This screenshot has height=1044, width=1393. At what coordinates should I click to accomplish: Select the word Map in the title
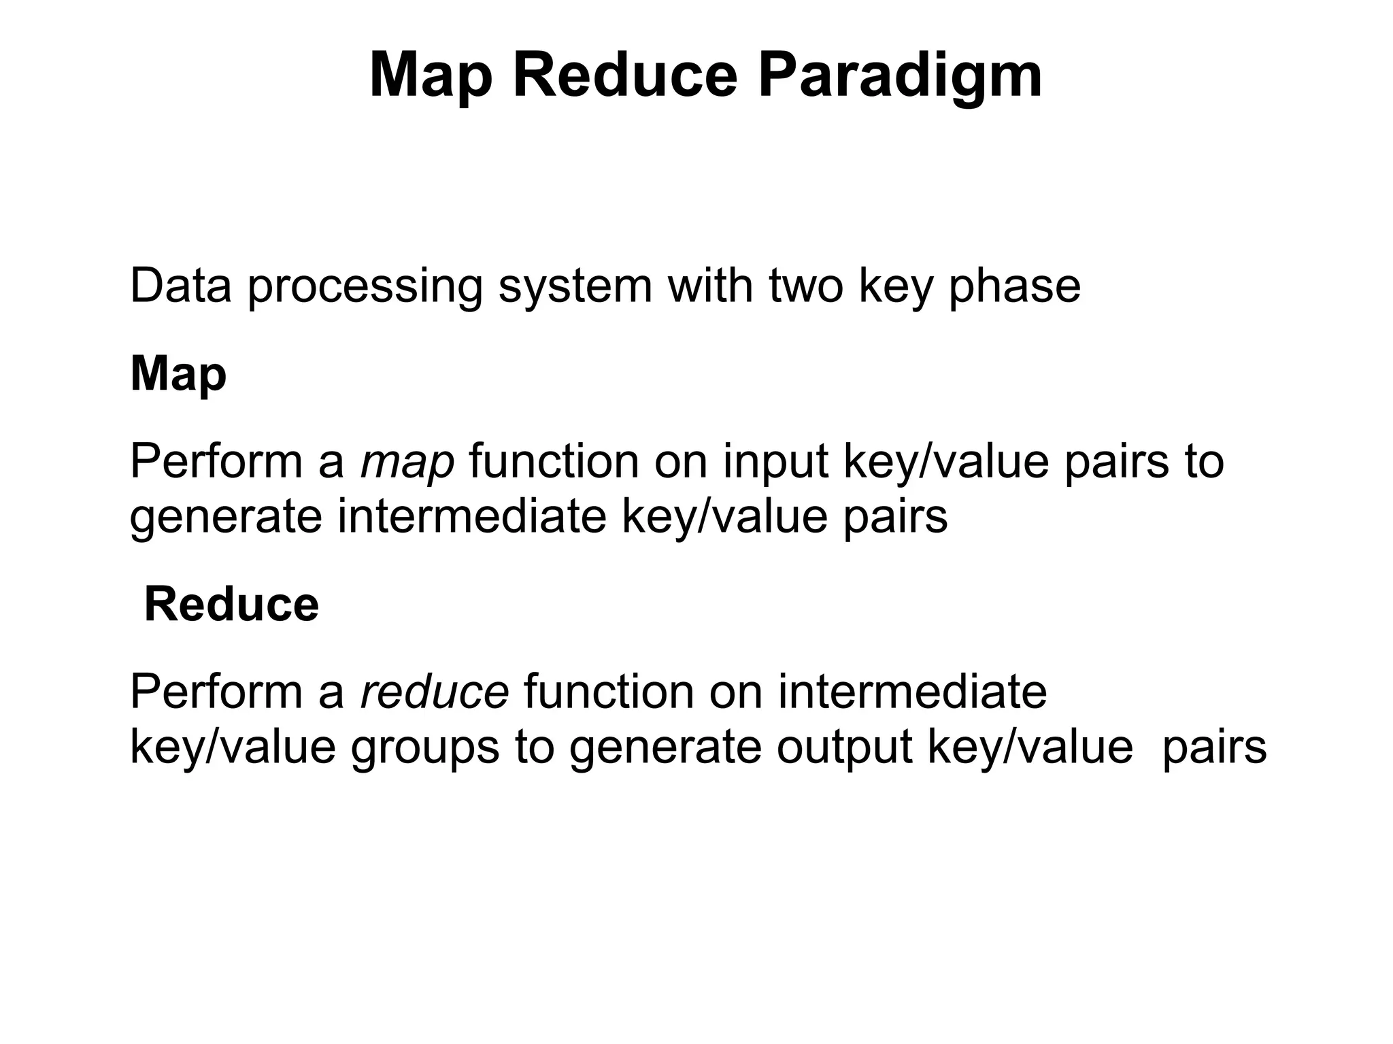click(x=430, y=76)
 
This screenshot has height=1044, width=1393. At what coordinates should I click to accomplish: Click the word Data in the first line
click(x=181, y=286)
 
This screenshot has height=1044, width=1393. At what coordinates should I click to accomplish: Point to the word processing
click(x=365, y=287)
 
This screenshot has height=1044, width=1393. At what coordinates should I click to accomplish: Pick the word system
click(x=575, y=287)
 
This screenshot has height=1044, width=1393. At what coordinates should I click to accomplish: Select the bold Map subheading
click(x=178, y=375)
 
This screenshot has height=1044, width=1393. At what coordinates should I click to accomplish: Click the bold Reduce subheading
click(x=231, y=605)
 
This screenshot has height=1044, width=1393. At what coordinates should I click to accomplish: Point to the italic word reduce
click(x=434, y=692)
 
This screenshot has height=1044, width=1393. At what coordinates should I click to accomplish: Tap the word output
click(x=844, y=748)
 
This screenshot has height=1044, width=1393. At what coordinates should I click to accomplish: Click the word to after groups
click(x=534, y=748)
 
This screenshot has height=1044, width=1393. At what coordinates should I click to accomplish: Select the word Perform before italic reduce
click(x=216, y=692)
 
